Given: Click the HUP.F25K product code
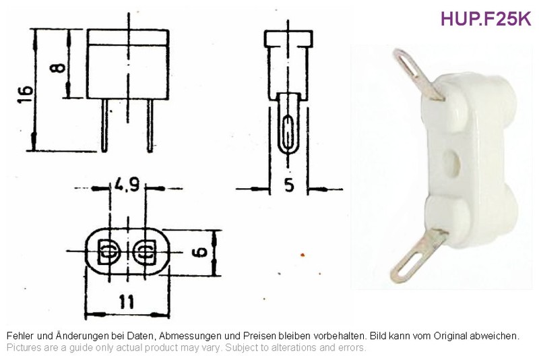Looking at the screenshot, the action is [x=486, y=19].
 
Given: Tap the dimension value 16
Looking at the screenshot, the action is [x=26, y=94].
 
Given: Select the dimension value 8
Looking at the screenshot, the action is [x=57, y=67].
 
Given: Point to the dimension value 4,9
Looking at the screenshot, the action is [x=127, y=185].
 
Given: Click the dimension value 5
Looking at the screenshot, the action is [x=290, y=185].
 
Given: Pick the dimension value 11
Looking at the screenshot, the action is [x=126, y=302].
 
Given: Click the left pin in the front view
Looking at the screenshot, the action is [x=104, y=125].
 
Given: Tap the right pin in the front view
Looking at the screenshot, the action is [x=150, y=125].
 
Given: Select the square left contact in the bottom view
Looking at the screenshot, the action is [x=108, y=252].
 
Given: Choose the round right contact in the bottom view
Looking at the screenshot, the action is [x=145, y=252].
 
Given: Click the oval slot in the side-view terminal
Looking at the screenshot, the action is [x=288, y=131].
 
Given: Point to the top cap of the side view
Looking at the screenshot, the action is [x=288, y=39].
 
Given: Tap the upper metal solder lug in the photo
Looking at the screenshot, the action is [x=418, y=74].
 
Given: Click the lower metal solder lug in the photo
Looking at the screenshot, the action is [x=419, y=255].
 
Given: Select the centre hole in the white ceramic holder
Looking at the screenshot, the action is [x=451, y=161].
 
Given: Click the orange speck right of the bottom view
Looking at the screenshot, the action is [x=303, y=255].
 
